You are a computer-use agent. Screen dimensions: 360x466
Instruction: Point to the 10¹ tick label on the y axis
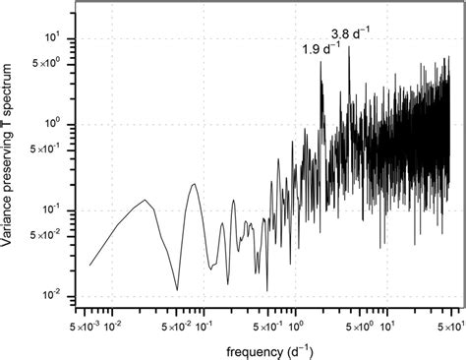[x=54, y=38]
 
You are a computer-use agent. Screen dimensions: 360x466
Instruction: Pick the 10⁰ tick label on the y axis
[x=54, y=124]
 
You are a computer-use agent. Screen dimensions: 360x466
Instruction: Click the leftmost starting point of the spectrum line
[x=89, y=265]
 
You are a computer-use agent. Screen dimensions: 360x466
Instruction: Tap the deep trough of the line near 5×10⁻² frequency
[x=177, y=290]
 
